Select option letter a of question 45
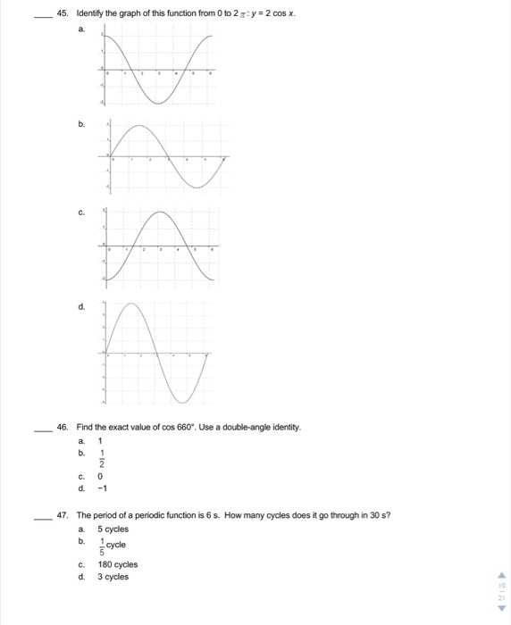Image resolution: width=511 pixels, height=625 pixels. click(81, 29)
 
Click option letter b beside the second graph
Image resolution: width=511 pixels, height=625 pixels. click(81, 125)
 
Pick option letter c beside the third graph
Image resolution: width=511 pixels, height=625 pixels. click(81, 212)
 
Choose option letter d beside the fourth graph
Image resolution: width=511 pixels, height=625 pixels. click(81, 304)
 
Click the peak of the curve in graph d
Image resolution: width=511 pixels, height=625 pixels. click(132, 305)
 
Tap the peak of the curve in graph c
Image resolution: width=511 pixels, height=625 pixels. click(160, 212)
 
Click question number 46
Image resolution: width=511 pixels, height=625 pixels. click(62, 429)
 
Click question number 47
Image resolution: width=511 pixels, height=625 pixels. click(62, 516)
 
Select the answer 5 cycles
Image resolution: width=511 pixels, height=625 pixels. click(113, 529)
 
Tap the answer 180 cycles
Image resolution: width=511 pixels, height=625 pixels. click(117, 564)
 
